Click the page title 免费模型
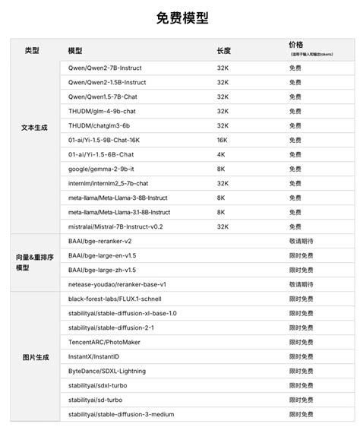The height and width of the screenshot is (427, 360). click(181, 17)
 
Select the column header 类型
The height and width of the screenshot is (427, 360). click(32, 51)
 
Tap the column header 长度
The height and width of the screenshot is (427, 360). click(223, 51)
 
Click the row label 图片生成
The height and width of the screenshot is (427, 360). click(34, 356)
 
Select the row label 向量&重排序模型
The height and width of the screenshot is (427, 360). click(34, 262)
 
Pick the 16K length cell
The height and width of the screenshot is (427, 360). click(222, 140)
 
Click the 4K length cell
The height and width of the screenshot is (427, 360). click(220, 154)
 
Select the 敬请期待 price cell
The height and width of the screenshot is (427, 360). click(301, 241)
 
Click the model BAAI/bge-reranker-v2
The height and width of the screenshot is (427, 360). click(99, 241)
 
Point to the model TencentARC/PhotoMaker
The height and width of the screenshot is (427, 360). click(105, 342)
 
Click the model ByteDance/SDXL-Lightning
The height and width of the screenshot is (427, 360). click(108, 371)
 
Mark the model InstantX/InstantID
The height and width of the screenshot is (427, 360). click(93, 356)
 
